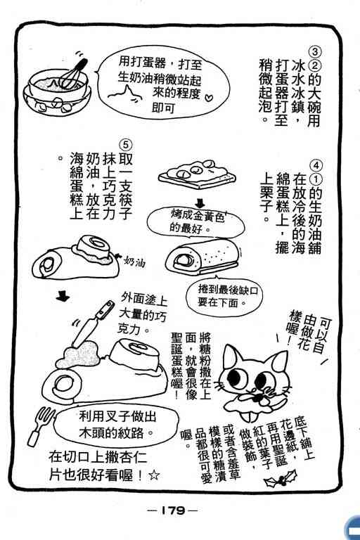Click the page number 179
point(172,510)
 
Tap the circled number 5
point(125,144)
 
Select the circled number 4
point(316,165)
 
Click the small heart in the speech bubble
point(209,97)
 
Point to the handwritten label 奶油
point(134,262)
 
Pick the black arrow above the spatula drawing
point(63,296)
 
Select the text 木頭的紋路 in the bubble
point(111,432)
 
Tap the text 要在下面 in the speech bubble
point(217,302)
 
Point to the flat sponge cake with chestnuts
point(197,174)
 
